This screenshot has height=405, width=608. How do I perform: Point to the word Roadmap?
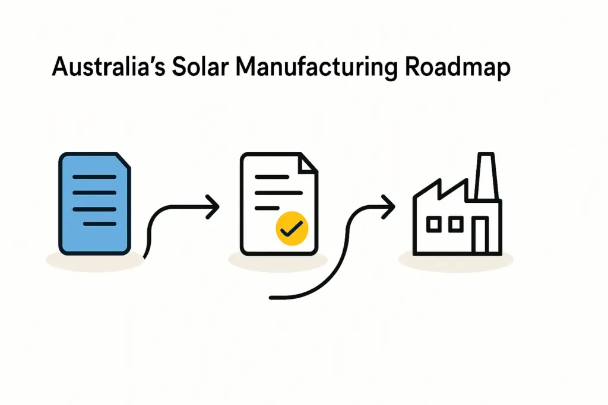(x=457, y=69)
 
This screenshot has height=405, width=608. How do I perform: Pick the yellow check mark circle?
(x=292, y=227)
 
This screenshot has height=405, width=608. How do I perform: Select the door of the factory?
(x=480, y=234)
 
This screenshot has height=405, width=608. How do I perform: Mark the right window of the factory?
(x=456, y=224)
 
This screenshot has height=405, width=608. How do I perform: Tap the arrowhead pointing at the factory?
(x=389, y=206)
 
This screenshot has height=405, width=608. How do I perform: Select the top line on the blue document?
(x=94, y=177)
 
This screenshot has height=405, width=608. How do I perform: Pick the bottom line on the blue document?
(x=99, y=224)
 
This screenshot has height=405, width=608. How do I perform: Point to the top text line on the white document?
(x=274, y=178)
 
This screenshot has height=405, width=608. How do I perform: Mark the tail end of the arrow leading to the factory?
(x=272, y=296)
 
